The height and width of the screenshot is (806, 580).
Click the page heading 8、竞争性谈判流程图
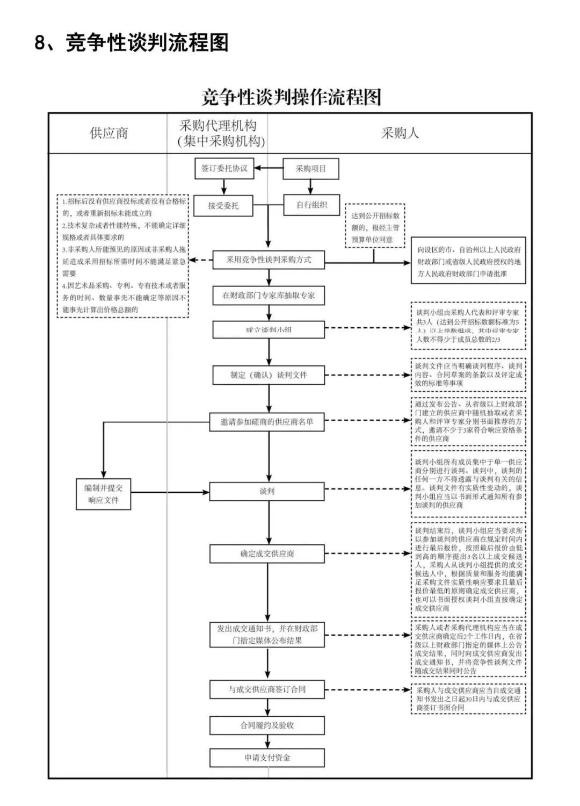pyautogui.click(x=132, y=42)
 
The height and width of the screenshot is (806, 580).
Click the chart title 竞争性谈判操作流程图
pyautogui.click(x=291, y=97)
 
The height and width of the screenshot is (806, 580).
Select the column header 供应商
pyautogui.click(x=109, y=133)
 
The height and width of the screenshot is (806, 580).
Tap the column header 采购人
pyautogui.click(x=400, y=133)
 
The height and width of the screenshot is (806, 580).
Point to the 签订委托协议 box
pyautogui.click(x=224, y=169)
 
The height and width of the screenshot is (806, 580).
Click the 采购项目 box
pyautogui.click(x=311, y=169)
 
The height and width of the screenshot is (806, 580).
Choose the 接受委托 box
pyautogui.click(x=223, y=205)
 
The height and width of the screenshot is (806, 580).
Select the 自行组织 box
pyautogui.click(x=312, y=205)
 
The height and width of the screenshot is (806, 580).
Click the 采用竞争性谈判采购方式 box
pyautogui.click(x=269, y=260)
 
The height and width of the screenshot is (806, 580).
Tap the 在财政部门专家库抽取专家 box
pyautogui.click(x=269, y=296)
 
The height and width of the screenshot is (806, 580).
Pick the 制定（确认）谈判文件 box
pyautogui.click(x=269, y=375)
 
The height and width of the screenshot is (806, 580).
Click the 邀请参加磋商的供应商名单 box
pyautogui.click(x=267, y=422)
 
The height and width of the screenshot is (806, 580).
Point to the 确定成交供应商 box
pyautogui.click(x=267, y=554)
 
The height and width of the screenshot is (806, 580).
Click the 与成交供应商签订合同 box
pyautogui.click(x=267, y=689)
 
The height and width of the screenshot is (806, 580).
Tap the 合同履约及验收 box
pyautogui.click(x=267, y=725)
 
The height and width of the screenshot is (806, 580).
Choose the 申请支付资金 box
pyautogui.click(x=267, y=758)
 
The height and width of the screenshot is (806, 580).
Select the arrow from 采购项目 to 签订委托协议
pyautogui.click(x=269, y=169)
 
